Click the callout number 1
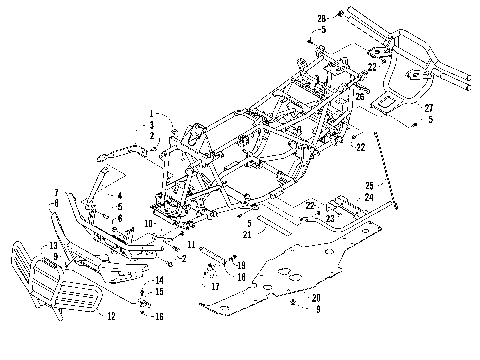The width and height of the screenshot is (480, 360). coord(151,113)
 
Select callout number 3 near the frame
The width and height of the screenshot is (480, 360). coord(151,124)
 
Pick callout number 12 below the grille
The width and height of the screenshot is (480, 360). coord(112,316)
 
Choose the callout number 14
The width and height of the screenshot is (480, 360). coord(158,280)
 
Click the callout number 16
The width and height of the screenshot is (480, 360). coord(158,315)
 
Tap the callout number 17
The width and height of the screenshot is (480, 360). coord(214,285)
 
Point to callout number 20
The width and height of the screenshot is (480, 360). coord(316,297)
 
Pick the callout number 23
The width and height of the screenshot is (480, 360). coord(329,217)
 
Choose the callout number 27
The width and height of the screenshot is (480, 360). coord(428,107)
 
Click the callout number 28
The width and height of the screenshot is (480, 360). coord(322,18)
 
